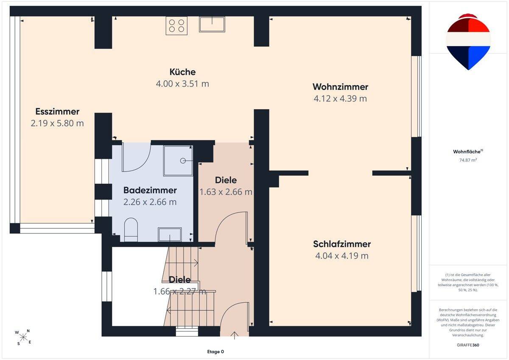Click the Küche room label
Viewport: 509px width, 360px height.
(182, 72)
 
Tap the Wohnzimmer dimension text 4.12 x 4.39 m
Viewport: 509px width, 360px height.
(340, 98)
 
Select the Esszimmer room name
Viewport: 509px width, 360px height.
(57, 111)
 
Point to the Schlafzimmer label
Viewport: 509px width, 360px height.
(342, 244)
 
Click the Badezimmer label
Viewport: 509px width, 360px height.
(150, 190)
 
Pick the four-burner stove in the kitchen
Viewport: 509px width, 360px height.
(176, 26)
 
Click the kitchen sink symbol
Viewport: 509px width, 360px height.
(212, 24)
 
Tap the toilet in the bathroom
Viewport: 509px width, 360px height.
(131, 230)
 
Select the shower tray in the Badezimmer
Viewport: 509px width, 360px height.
(178, 161)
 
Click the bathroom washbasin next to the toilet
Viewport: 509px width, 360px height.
(170, 234)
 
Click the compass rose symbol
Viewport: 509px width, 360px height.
(23, 337)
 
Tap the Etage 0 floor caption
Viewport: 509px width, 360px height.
(215, 352)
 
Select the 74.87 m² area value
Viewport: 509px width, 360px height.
(468, 160)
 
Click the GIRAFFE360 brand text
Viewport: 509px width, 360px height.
(468, 345)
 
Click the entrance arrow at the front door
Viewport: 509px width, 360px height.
(234, 335)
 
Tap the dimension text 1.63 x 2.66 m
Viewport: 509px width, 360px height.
(226, 192)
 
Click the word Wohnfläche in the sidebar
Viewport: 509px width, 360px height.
(467, 152)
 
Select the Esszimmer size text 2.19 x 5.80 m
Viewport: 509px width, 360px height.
(57, 123)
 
